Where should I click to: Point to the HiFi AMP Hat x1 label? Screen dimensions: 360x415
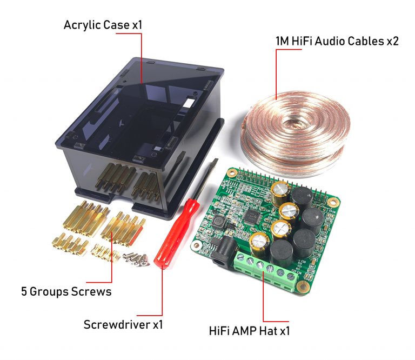[249, 330]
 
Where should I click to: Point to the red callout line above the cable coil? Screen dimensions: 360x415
[276, 70]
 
